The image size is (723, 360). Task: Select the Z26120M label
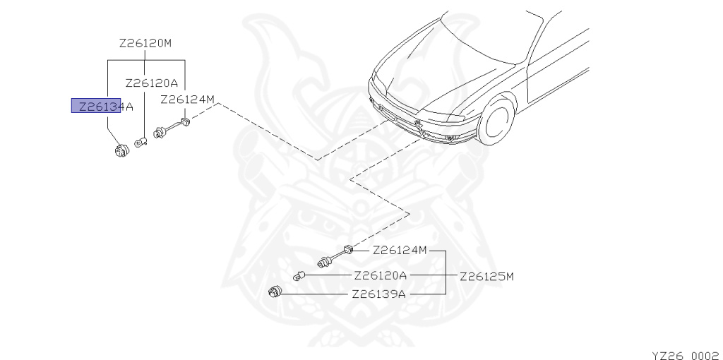[145, 43]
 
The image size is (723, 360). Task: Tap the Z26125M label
[486, 276]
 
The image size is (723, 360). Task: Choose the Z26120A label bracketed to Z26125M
[381, 275]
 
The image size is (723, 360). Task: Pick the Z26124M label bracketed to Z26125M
[400, 250]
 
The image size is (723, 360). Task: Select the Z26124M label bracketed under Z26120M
[187, 99]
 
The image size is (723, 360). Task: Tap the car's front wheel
[495, 121]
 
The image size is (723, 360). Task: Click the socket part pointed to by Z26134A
[121, 150]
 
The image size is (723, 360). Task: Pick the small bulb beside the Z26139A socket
[299, 275]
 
